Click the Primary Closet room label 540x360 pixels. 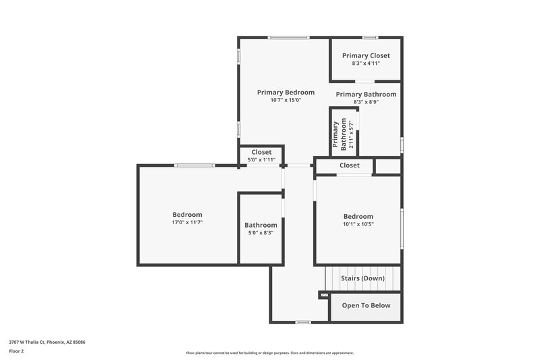pos(366,55)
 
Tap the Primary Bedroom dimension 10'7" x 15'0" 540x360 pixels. pos(286,100)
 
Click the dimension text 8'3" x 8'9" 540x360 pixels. pos(366,102)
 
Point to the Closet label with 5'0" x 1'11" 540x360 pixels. pos(261,153)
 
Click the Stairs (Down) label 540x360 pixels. pos(362,278)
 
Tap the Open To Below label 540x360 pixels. pos(366,305)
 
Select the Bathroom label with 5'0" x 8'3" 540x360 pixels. pos(261,225)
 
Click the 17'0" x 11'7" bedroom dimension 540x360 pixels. pos(187,222)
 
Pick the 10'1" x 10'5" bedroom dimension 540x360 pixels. pos(358,224)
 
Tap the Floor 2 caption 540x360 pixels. pos(16,351)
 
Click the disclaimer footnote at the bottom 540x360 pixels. pos(269,353)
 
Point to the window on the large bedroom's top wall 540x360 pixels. pos(194,165)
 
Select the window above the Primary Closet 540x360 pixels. pos(369,37)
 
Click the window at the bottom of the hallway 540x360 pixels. pos(303,322)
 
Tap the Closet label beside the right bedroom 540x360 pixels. pos(349,165)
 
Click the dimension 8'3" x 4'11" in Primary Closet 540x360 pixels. pos(366,63)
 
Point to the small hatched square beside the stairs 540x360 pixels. pos(324,295)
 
